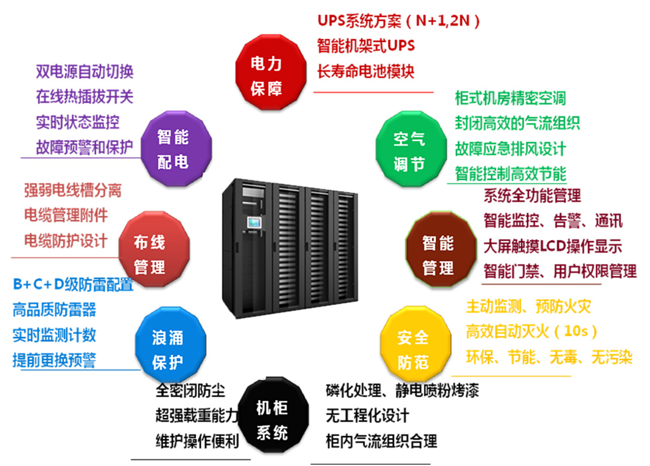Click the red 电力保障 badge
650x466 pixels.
coord(266,74)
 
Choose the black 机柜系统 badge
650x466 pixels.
coord(272,420)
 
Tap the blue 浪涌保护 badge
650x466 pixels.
coord(168,348)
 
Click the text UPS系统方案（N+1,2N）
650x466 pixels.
coord(399,21)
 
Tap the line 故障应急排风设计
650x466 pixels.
coord(510,149)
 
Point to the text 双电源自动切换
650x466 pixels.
coord(85,71)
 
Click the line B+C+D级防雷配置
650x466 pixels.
coord(73,284)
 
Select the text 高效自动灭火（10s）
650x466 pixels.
coord(532,331)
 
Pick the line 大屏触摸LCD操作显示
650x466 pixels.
coord(553,246)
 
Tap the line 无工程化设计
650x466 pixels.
coord(368,415)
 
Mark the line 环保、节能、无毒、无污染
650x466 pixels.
coord(549,358)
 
